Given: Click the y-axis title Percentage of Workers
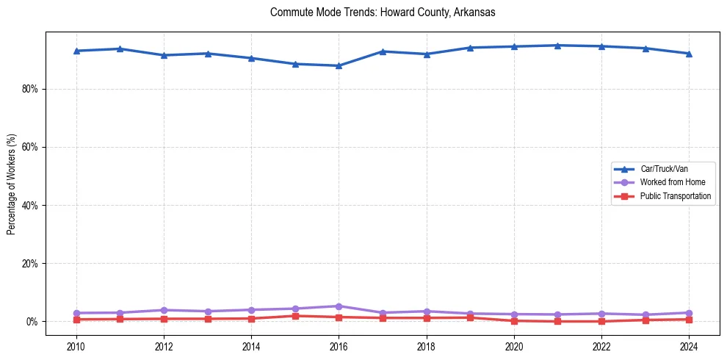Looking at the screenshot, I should (11, 184).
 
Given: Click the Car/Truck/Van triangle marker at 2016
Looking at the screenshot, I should (339, 65).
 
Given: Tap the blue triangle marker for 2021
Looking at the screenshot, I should (557, 46).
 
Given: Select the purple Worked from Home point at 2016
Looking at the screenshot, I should (339, 306).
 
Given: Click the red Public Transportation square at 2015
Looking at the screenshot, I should (294, 316).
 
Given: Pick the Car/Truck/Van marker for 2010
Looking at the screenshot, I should (76, 51).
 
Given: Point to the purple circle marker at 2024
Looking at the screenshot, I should (689, 313).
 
